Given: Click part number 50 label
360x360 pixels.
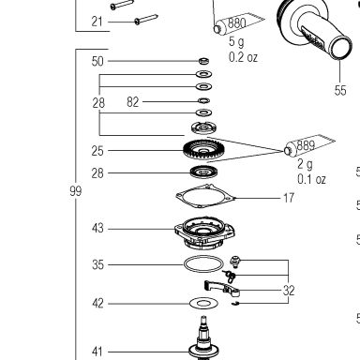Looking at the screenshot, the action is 97,61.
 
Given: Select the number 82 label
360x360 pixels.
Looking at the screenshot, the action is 133,102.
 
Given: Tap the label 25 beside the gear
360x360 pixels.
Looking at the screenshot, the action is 97,151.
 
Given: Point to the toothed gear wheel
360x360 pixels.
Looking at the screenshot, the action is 200,150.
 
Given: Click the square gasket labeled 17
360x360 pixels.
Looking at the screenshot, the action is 204,196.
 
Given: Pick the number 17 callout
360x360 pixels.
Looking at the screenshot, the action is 289,198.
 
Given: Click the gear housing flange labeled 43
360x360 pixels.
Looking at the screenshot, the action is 204,232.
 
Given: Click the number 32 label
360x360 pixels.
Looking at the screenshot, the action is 289,291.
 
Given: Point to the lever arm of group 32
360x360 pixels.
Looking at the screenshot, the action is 222,288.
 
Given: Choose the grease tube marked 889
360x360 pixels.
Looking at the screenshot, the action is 309,145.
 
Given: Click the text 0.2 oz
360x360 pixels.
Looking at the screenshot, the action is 243,57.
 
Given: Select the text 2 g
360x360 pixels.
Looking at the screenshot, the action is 305,164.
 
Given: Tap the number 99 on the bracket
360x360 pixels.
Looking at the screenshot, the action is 76,191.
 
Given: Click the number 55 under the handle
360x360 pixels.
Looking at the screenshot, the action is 340,91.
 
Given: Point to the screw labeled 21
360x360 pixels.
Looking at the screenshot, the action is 145,19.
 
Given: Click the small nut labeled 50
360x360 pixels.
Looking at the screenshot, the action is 203,61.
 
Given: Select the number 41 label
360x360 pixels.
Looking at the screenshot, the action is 97,352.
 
